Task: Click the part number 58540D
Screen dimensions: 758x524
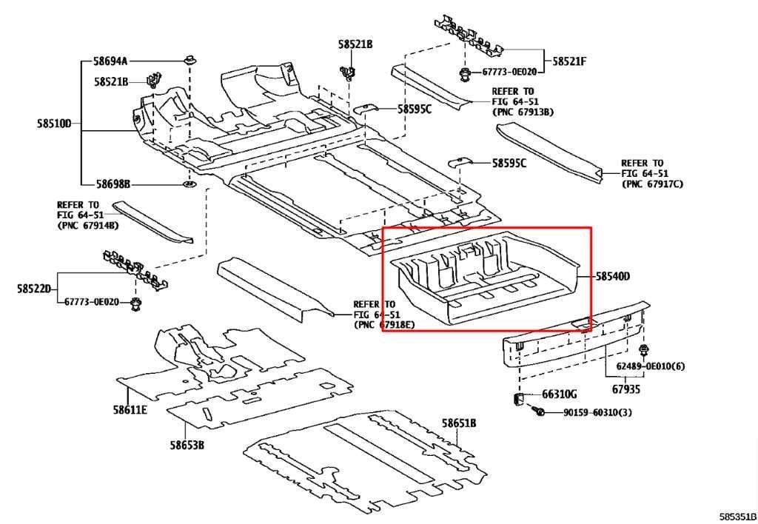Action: pyautogui.click(x=612, y=277)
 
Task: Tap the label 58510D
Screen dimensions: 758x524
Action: pyautogui.click(x=54, y=124)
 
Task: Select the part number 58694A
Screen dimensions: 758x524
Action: pyautogui.click(x=111, y=61)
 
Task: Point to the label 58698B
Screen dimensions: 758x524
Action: pyautogui.click(x=113, y=184)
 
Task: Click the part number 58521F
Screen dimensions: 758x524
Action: pyautogui.click(x=569, y=61)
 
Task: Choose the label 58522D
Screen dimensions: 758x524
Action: pyautogui.click(x=34, y=289)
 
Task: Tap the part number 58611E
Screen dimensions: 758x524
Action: pyautogui.click(x=130, y=410)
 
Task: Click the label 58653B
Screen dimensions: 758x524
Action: pyautogui.click(x=187, y=444)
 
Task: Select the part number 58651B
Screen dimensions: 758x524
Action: pyautogui.click(x=459, y=423)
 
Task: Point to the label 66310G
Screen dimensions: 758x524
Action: pyautogui.click(x=560, y=394)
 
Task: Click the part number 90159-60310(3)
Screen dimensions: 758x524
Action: pyautogui.click(x=597, y=413)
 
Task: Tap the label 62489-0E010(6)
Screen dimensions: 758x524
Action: pyautogui.click(x=650, y=366)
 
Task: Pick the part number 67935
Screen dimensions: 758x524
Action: pyautogui.click(x=626, y=389)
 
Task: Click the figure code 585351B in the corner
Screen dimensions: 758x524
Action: pyautogui.click(x=738, y=517)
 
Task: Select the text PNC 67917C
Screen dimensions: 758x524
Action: pyautogui.click(x=653, y=184)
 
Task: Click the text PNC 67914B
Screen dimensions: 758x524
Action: pyautogui.click(x=88, y=225)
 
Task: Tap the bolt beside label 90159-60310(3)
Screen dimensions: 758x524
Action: pyautogui.click(x=538, y=412)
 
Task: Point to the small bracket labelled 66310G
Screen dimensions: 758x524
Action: pyautogui.click(x=517, y=400)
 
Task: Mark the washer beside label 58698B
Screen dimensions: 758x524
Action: pyautogui.click(x=189, y=184)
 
